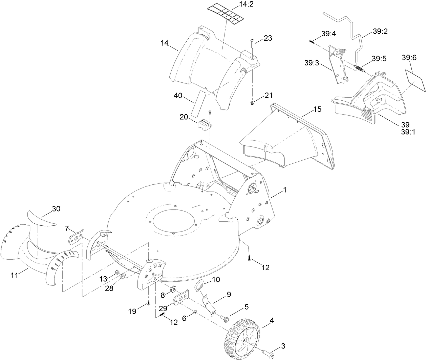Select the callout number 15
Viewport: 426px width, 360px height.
(x=317, y=109)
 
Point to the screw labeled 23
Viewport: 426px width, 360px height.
(x=253, y=44)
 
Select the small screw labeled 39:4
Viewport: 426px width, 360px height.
(x=311, y=41)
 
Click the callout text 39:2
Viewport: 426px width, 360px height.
(x=380, y=31)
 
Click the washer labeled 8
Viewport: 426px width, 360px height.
(x=173, y=289)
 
